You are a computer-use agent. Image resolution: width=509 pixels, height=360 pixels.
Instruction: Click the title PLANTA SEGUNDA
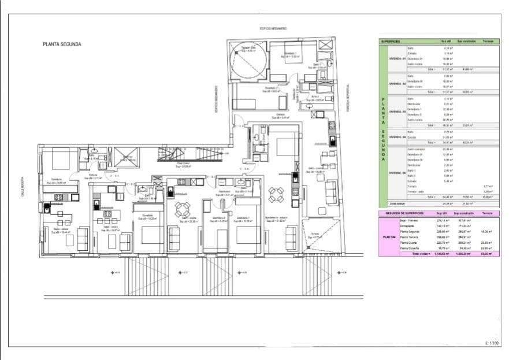(x=62, y=44)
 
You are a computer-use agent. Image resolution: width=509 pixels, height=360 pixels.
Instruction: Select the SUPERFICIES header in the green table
(x=391, y=42)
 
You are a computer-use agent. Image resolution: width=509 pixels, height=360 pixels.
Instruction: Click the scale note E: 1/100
(x=492, y=343)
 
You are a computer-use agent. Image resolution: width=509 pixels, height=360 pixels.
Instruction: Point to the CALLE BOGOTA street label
(x=22, y=187)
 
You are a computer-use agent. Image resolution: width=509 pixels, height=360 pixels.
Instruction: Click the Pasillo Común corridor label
(x=183, y=164)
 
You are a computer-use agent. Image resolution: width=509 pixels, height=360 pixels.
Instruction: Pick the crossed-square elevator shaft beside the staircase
(x=127, y=157)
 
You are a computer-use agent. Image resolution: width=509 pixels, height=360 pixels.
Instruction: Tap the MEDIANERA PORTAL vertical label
(x=348, y=98)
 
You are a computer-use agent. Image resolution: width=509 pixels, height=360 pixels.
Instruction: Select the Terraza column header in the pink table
(x=488, y=213)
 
